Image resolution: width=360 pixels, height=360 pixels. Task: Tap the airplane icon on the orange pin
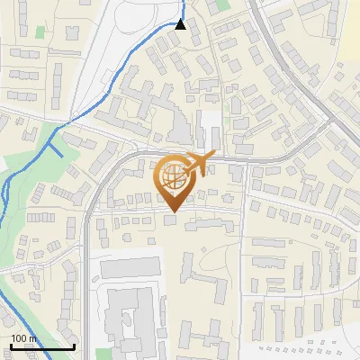click(199, 163)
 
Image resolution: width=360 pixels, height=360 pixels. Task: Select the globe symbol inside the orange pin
click(173, 175)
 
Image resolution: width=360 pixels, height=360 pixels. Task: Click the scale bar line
click(42, 346)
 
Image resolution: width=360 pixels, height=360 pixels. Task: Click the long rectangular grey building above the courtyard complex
click(130, 267)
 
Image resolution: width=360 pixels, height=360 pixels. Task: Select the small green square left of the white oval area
click(40, 32)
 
